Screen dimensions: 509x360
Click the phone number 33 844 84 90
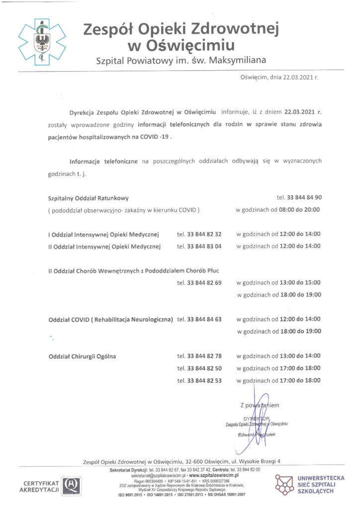click(x=303, y=197)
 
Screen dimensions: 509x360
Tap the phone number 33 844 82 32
click(x=204, y=234)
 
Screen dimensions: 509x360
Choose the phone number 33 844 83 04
click(x=204, y=246)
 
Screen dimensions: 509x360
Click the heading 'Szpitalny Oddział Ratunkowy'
click(x=88, y=197)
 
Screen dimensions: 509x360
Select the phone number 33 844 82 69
click(x=204, y=282)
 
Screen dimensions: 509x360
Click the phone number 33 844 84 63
click(x=204, y=319)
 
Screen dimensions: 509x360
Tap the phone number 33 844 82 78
click(x=204, y=356)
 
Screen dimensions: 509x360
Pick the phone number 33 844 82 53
click(x=204, y=380)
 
